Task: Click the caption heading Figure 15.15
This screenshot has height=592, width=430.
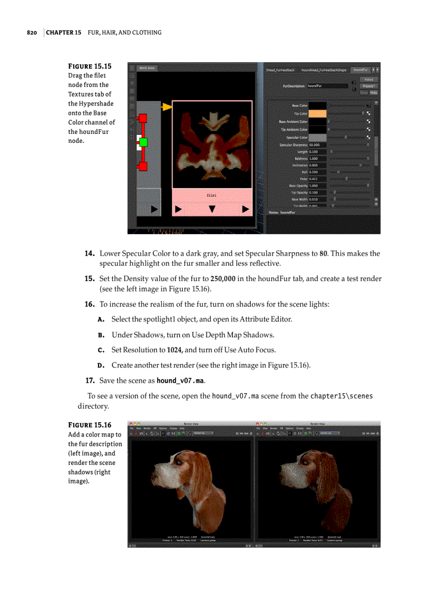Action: point(90,66)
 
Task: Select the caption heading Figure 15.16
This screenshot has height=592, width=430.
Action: point(90,425)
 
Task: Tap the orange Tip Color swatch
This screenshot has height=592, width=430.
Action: point(317,113)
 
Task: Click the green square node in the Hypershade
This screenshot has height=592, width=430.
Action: point(143,142)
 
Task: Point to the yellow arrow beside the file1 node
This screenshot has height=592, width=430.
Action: point(167,107)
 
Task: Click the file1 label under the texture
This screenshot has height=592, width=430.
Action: point(212,195)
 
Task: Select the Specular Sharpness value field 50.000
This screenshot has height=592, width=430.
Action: point(317,144)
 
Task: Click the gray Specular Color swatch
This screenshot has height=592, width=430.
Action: point(317,137)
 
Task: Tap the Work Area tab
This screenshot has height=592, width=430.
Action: point(147,68)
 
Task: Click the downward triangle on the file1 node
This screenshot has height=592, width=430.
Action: point(212,209)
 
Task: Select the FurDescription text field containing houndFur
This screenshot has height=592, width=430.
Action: point(327,85)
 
